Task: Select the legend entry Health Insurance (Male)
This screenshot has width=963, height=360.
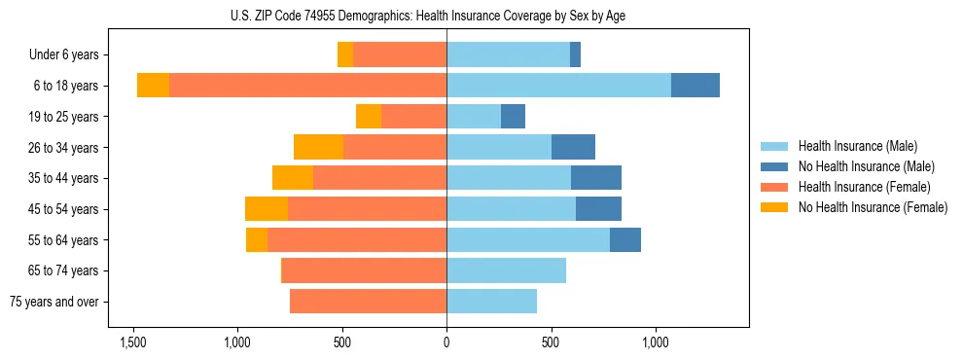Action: pos(857,146)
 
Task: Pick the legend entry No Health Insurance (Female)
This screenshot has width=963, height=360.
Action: pos(873,207)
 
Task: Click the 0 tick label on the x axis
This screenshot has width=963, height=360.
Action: pos(446,342)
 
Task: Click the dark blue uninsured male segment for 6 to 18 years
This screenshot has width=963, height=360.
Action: pos(695,86)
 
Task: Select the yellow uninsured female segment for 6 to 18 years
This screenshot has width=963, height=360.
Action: pos(153,86)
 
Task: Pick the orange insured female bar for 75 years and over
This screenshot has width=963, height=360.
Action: pos(368,302)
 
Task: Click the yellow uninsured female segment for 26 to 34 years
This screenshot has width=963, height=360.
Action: pos(318,147)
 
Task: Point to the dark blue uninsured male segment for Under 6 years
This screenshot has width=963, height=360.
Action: pos(575,55)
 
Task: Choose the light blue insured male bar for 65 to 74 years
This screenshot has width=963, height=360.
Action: pos(506,270)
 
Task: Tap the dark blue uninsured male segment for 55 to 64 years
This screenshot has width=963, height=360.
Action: pos(624,239)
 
